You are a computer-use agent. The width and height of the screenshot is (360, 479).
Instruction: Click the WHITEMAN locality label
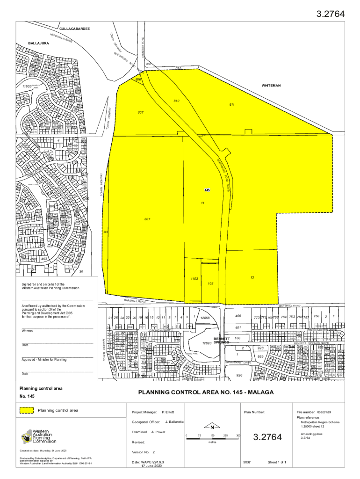pyautogui.click(x=271, y=86)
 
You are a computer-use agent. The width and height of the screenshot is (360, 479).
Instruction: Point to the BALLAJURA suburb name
pyautogui.click(x=38, y=43)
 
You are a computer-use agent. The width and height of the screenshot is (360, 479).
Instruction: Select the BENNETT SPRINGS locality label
pyautogui.click(x=221, y=340)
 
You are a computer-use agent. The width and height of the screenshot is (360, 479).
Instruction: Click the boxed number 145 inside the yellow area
pyautogui.click(x=207, y=190)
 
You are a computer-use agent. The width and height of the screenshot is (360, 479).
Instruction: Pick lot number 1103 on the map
pyautogui.click(x=194, y=278)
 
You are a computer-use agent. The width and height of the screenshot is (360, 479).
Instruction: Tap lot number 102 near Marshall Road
pyautogui.click(x=211, y=283)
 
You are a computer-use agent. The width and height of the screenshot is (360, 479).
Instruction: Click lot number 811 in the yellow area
pyautogui.click(x=232, y=104)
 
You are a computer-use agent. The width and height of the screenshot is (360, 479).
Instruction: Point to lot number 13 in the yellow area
pyautogui.click(x=252, y=277)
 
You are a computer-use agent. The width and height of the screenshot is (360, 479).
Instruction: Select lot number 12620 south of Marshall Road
pyautogui.click(x=207, y=343)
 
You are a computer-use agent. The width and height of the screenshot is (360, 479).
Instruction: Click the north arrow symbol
pyautogui.click(x=212, y=427)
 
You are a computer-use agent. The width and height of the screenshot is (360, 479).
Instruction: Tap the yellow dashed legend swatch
pyautogui.click(x=27, y=410)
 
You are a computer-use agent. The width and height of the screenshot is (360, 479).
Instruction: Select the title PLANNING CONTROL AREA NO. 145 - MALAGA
pyautogui.click(x=206, y=392)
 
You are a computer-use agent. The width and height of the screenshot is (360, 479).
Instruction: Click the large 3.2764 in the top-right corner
pyautogui.click(x=331, y=14)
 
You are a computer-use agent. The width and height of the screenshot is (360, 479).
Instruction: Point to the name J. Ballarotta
pyautogui.click(x=174, y=421)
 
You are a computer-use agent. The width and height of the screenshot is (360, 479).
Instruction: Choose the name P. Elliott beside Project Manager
pyautogui.click(x=167, y=412)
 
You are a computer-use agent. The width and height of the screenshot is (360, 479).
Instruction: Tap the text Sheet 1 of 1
pyautogui.click(x=277, y=462)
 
